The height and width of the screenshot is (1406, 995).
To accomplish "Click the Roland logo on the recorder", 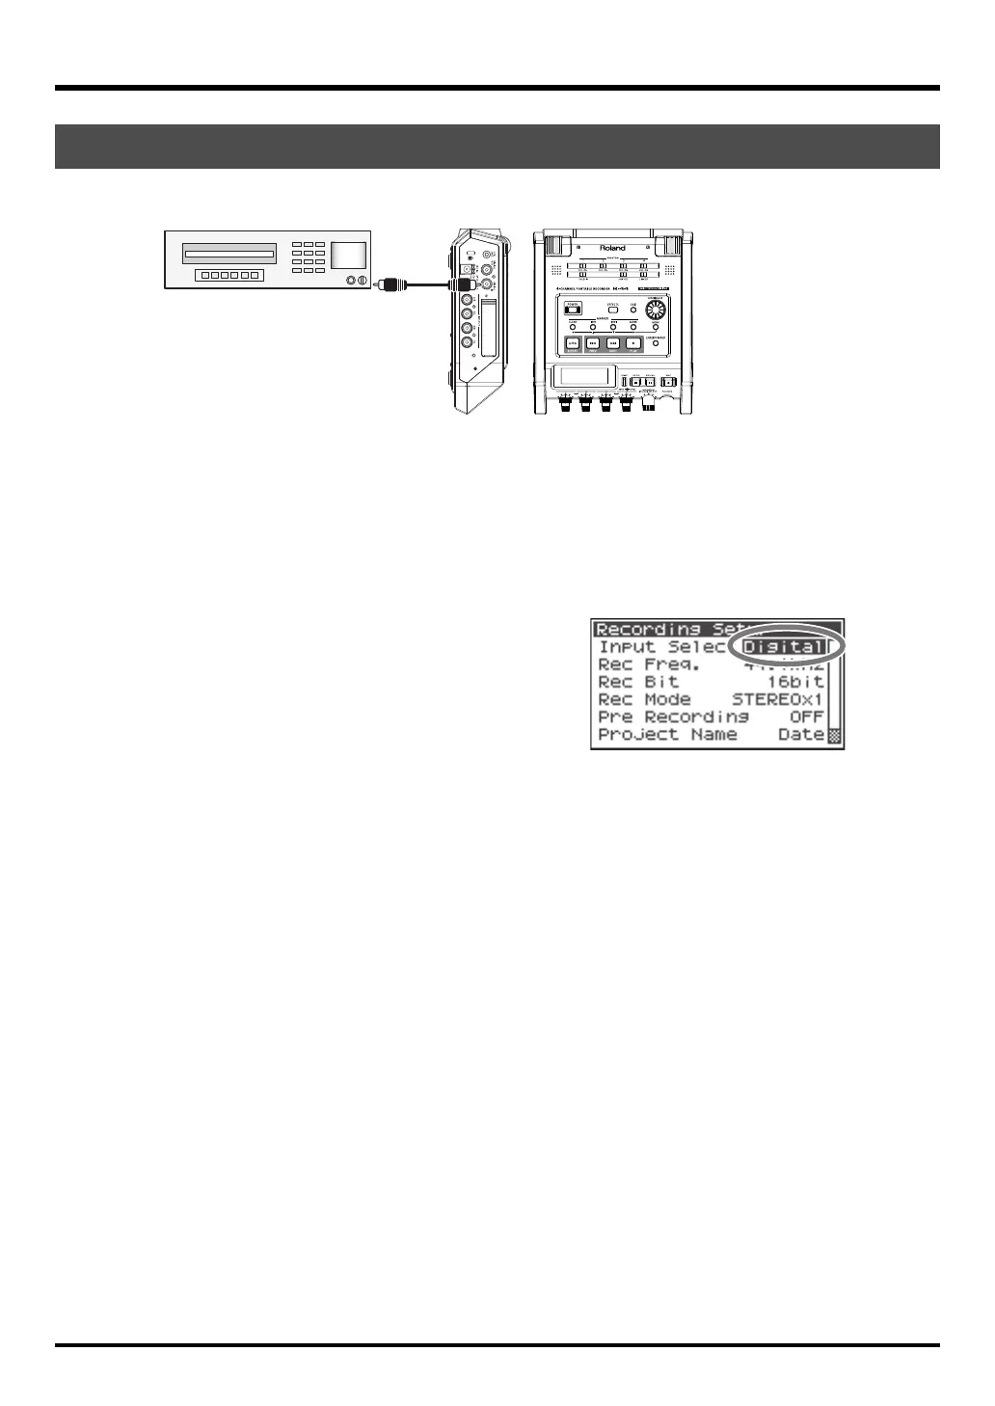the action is tap(612, 248).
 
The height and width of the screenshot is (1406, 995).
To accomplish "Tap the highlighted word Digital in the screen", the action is tap(783, 647).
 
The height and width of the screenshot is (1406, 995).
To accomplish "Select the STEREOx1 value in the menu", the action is tap(777, 699).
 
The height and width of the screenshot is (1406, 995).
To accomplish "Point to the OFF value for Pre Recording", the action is tap(806, 717).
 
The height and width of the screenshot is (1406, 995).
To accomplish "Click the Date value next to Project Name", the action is tap(801, 734).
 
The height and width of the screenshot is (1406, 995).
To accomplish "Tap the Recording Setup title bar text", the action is tap(665, 630).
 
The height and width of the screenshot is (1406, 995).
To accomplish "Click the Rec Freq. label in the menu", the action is tap(649, 664).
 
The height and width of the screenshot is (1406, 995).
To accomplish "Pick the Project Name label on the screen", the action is tap(667, 734).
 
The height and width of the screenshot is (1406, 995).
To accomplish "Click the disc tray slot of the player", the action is tap(229, 257).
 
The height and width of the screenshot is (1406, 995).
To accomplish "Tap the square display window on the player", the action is tap(348, 256).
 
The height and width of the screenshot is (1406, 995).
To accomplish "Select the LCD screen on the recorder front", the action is tap(581, 379).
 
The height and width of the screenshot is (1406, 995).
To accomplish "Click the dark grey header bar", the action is tap(497, 147).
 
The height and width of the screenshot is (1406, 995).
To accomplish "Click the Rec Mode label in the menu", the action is tap(644, 699).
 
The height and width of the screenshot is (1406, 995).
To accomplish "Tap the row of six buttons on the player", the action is tap(228, 276).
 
